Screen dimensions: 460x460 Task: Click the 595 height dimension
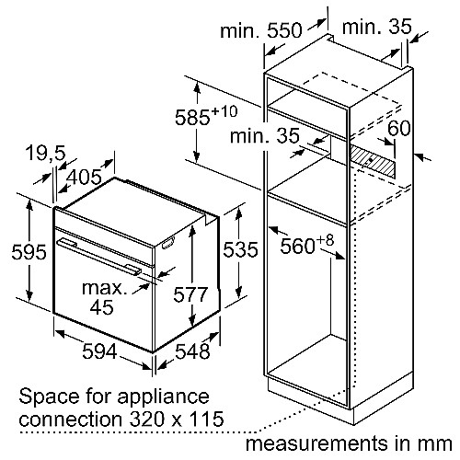tap(29, 252)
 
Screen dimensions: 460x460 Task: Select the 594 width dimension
tap(99, 351)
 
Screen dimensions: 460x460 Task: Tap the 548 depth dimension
tap(192, 351)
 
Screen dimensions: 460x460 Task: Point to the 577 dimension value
tap(190, 294)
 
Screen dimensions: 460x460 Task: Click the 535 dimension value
tap(240, 249)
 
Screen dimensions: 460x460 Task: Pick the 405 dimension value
tap(84, 177)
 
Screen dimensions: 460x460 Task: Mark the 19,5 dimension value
tap(46, 153)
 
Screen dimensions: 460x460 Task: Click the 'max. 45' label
tap(104, 297)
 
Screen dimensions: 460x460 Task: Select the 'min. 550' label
tap(261, 30)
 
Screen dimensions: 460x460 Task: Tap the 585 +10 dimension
tap(206, 116)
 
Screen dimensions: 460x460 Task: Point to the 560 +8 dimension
tap(306, 245)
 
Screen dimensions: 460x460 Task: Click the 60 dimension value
tap(399, 128)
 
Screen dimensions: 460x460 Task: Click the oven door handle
tap(99, 255)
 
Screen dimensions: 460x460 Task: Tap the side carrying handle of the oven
tap(168, 243)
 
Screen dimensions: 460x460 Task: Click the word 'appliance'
tap(163, 397)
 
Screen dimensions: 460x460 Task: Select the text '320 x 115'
tap(177, 420)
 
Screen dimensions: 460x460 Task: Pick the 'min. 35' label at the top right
tap(376, 27)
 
